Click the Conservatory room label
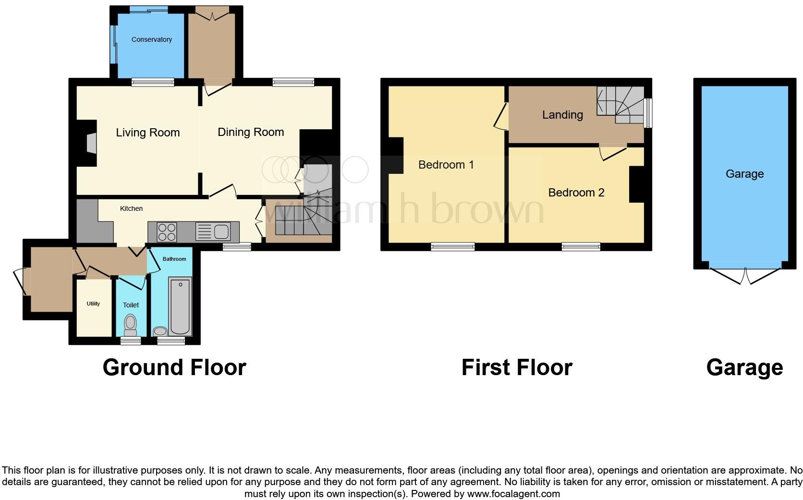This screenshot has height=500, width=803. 152,39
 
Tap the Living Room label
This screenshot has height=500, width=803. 147,133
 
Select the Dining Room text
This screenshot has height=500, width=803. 251,132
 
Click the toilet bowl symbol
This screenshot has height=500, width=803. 130,325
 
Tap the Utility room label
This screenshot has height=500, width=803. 93,304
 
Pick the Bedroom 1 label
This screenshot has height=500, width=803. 446,165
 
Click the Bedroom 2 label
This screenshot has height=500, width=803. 576,193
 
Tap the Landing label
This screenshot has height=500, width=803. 562,115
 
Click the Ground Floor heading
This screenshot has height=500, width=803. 174,367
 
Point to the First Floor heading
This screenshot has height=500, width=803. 517,367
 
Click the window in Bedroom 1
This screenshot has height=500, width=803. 452,247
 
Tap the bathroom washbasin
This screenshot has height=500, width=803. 160,331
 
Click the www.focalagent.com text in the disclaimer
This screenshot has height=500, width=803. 513,494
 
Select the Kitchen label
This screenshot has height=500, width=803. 131,208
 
